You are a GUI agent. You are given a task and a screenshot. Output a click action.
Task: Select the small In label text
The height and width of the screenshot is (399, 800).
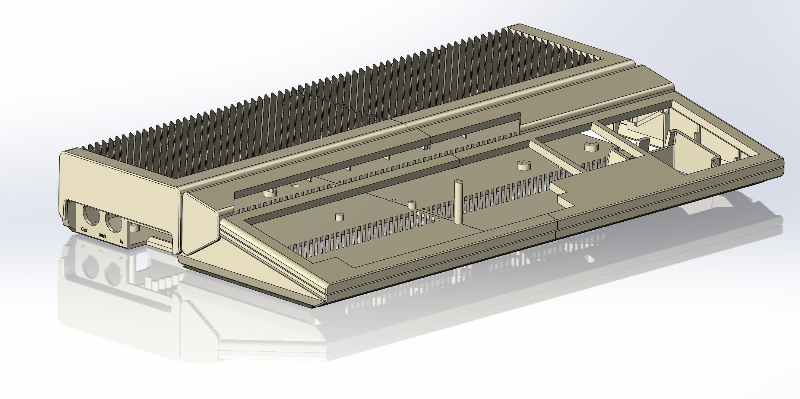point(122,241)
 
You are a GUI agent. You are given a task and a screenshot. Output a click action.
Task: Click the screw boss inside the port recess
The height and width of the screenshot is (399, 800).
point(134,228)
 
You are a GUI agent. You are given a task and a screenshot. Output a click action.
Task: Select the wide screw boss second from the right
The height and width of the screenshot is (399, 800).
point(524,166)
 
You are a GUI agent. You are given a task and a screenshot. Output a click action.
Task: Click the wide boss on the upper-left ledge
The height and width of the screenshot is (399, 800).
point(270,193)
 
